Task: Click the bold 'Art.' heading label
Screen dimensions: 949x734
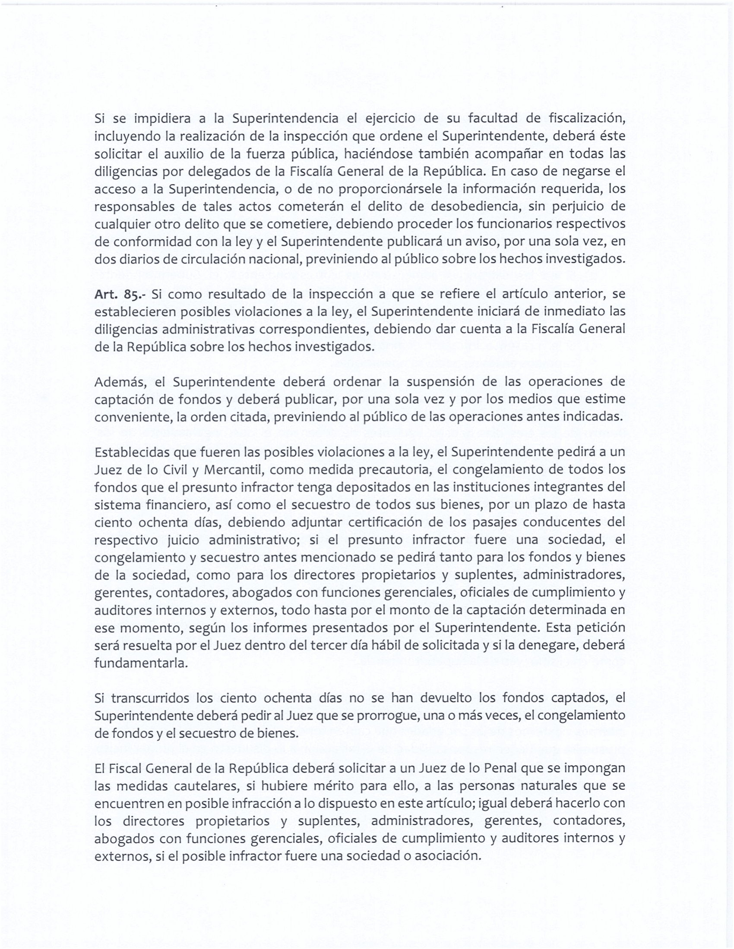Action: click(105, 294)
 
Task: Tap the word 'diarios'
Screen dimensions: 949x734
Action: click(135, 258)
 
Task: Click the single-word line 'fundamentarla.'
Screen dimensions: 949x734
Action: click(142, 663)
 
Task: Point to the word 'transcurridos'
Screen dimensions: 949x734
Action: click(150, 698)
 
